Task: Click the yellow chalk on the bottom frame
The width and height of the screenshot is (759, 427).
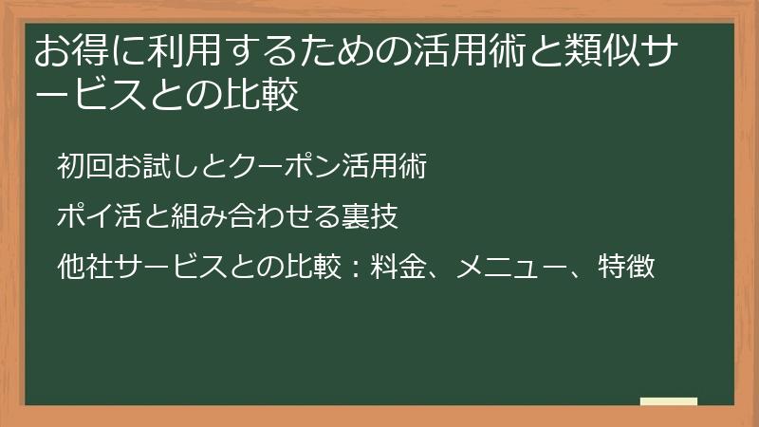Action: point(668,401)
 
